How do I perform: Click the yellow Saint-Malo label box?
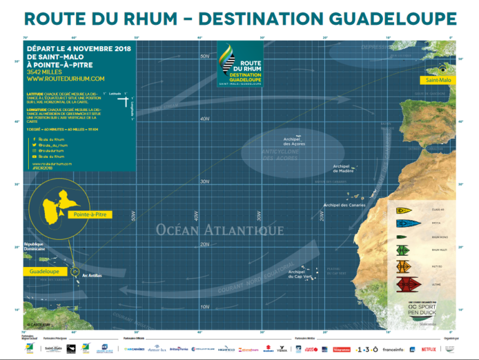[438, 80]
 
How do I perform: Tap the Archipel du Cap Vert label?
[300, 274]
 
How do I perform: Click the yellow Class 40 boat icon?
[404, 209]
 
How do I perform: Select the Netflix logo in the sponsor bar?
[428, 349]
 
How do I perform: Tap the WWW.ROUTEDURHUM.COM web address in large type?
[65, 79]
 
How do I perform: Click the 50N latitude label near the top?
[204, 56]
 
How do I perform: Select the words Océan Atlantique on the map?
[220, 230]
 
